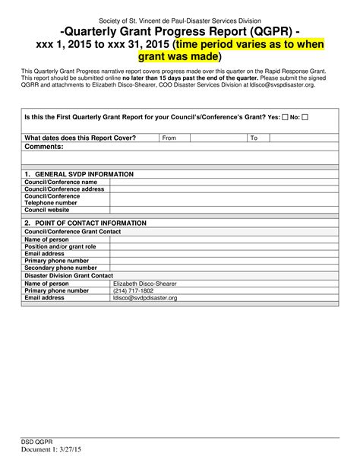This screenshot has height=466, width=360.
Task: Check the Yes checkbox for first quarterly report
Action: (x=285, y=119)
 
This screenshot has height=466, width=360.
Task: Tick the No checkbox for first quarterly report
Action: (x=314, y=119)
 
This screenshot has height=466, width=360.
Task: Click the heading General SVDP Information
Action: (x=79, y=174)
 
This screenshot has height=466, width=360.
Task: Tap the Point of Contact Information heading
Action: (x=85, y=223)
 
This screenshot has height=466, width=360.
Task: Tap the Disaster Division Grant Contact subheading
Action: (x=69, y=275)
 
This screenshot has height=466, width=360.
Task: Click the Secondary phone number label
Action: (x=61, y=268)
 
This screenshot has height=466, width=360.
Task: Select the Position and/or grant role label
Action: (x=61, y=246)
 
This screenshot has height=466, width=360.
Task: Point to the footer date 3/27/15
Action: (x=77, y=450)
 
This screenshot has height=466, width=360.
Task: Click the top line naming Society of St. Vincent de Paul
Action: (x=180, y=20)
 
